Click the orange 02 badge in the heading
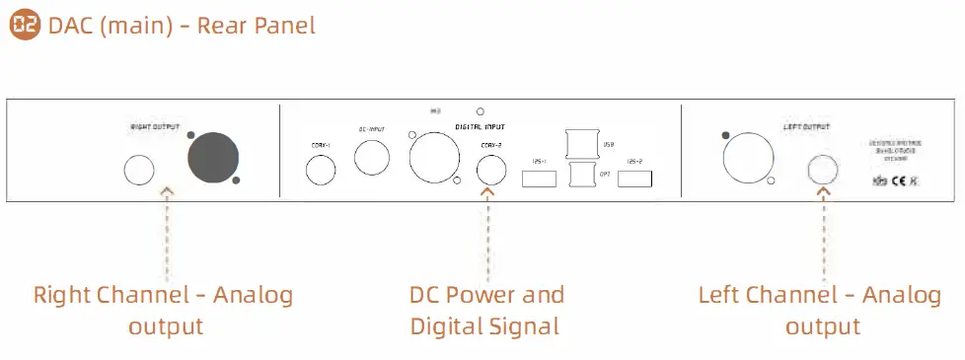point(26,26)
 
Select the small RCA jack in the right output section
point(139,171)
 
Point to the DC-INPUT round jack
point(372,158)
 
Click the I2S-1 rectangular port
point(539,180)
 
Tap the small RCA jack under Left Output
point(823,171)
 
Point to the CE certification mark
point(899,181)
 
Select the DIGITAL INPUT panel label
point(481,127)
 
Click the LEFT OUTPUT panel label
point(805,127)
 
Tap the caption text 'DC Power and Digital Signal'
point(485,310)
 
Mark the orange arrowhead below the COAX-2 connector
point(487,190)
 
